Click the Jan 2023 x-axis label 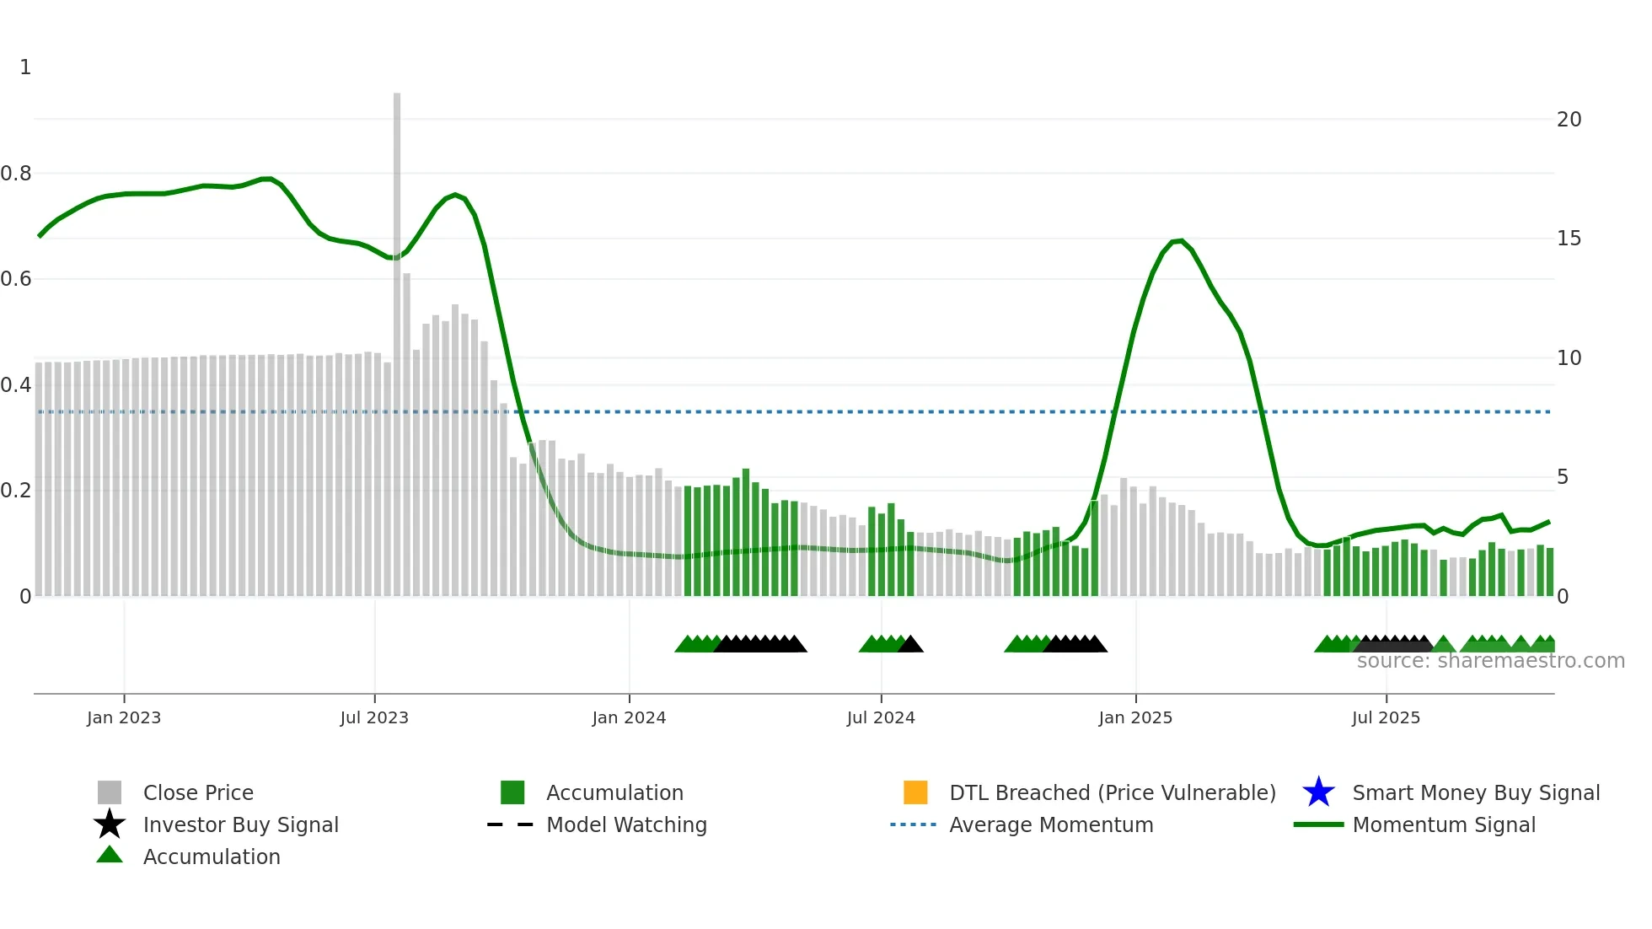pos(124,717)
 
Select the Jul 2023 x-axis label pos(374,717)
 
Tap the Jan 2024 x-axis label pos(629,717)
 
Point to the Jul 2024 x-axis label pos(881,717)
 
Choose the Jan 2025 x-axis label pos(1135,717)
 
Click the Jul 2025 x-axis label pos(1386,717)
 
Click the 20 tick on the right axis pos(1569,120)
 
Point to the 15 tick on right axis pos(1569,239)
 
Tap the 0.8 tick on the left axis pos(16,174)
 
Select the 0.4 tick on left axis pos(16,385)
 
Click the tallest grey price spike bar pos(397,337)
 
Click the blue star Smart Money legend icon pos(1318,792)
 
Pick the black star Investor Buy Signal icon pos(110,824)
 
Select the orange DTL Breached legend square pos(915,792)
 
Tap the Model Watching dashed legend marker pos(511,824)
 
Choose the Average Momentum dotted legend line pos(913,824)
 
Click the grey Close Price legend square pos(110,792)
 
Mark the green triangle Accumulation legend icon pos(110,856)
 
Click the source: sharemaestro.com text pos(1490,661)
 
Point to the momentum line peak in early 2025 pos(1180,241)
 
